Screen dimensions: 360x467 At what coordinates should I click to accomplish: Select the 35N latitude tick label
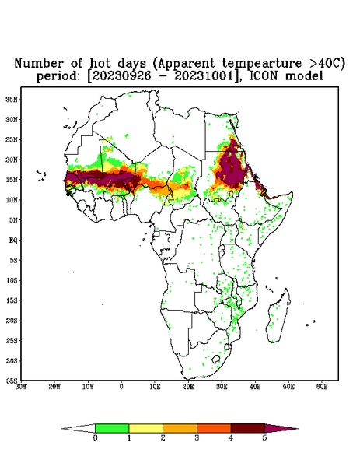(x=12, y=99)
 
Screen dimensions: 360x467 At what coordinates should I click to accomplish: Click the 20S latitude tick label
(x=12, y=321)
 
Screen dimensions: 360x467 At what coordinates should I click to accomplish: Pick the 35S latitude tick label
(x=12, y=381)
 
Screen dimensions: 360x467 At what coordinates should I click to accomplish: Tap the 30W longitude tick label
(x=21, y=387)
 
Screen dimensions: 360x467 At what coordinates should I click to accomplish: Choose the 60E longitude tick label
(x=322, y=387)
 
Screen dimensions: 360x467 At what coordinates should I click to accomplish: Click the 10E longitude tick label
(x=155, y=387)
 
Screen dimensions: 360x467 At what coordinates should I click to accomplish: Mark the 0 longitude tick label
(x=121, y=387)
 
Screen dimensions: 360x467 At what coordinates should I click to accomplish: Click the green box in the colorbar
(x=112, y=428)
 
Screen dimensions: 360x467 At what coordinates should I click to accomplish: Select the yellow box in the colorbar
(x=145, y=428)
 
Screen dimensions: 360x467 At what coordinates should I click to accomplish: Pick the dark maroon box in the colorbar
(x=248, y=428)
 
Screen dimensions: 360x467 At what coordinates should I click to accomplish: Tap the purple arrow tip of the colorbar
(x=298, y=429)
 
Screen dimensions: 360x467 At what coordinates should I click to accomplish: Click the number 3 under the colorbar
(x=197, y=438)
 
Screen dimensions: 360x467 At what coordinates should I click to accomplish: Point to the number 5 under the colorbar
(x=264, y=438)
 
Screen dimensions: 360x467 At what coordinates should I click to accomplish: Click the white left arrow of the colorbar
(x=79, y=429)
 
